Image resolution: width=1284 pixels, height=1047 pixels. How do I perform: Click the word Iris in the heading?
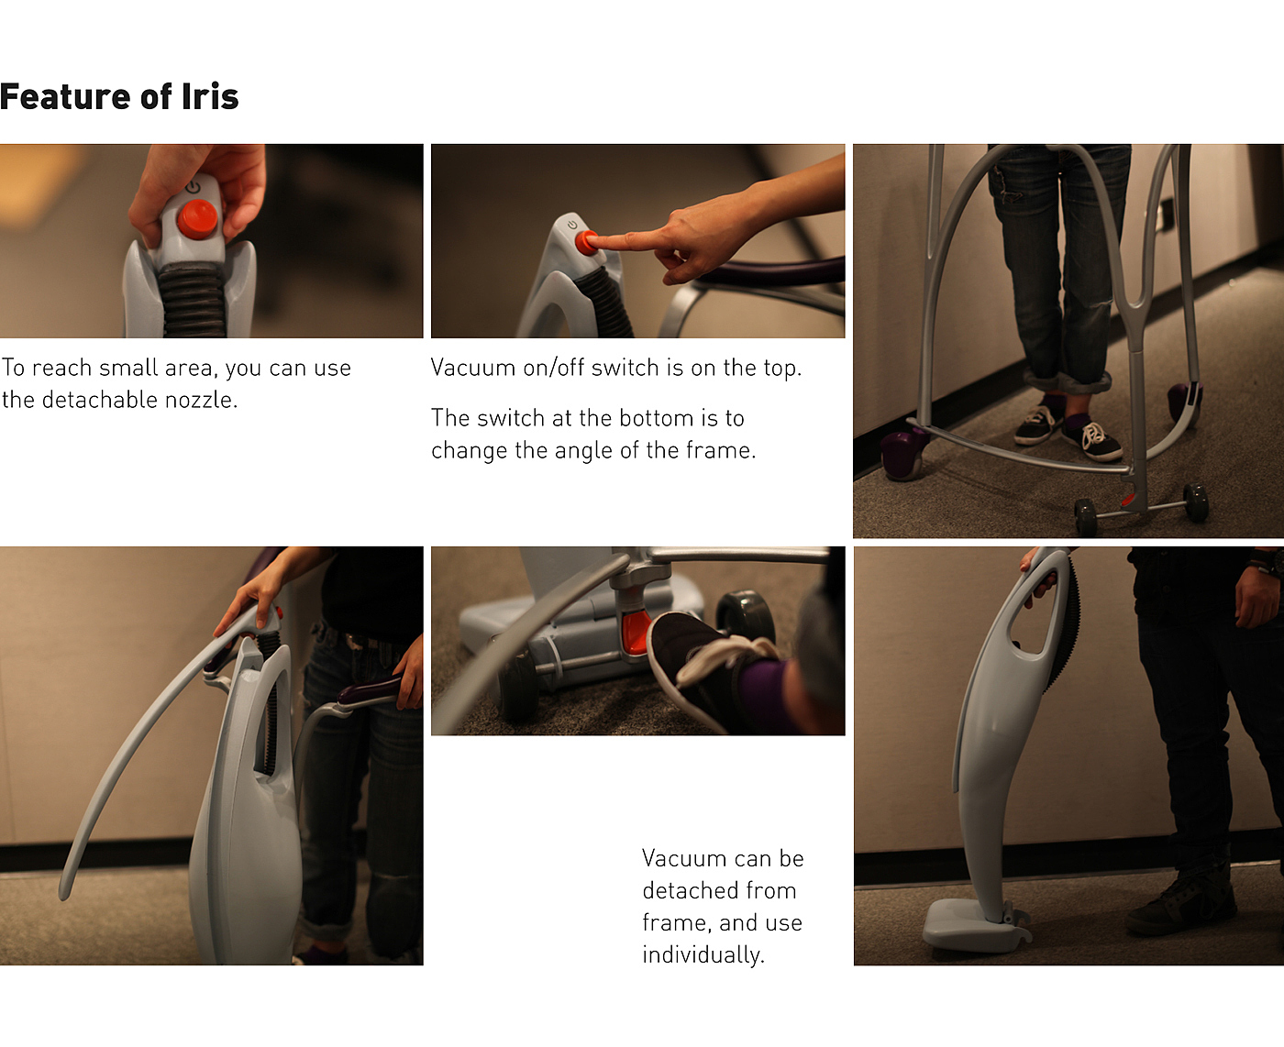tap(209, 96)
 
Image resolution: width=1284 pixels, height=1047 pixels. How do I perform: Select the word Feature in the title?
tap(65, 96)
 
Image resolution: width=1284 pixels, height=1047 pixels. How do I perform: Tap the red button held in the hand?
tap(197, 218)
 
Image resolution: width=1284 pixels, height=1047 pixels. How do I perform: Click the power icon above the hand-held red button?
tap(193, 186)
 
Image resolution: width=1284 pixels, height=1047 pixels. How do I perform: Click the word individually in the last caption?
tap(703, 954)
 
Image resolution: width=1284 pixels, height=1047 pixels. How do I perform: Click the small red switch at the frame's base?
tap(1128, 500)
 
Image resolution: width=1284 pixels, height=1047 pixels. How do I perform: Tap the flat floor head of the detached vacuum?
tap(974, 926)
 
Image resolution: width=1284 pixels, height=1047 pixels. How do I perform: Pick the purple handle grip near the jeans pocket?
tap(369, 695)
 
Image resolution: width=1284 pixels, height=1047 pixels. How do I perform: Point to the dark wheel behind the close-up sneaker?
tap(745, 614)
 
